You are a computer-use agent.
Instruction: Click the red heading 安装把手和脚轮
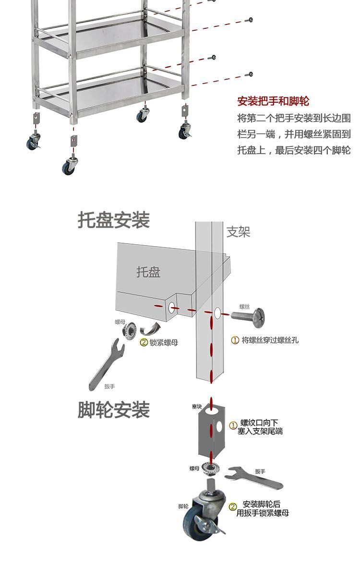click(273, 101)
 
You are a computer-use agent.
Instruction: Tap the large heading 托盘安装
click(114, 220)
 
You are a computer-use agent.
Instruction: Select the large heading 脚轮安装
click(114, 409)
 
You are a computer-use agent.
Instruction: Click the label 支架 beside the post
click(239, 232)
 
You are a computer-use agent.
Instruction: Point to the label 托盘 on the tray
click(148, 272)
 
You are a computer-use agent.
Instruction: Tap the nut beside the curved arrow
click(129, 330)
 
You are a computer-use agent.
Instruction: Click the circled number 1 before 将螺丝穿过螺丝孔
click(235, 340)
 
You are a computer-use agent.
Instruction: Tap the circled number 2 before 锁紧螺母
click(144, 342)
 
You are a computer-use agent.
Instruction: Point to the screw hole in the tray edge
click(171, 305)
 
